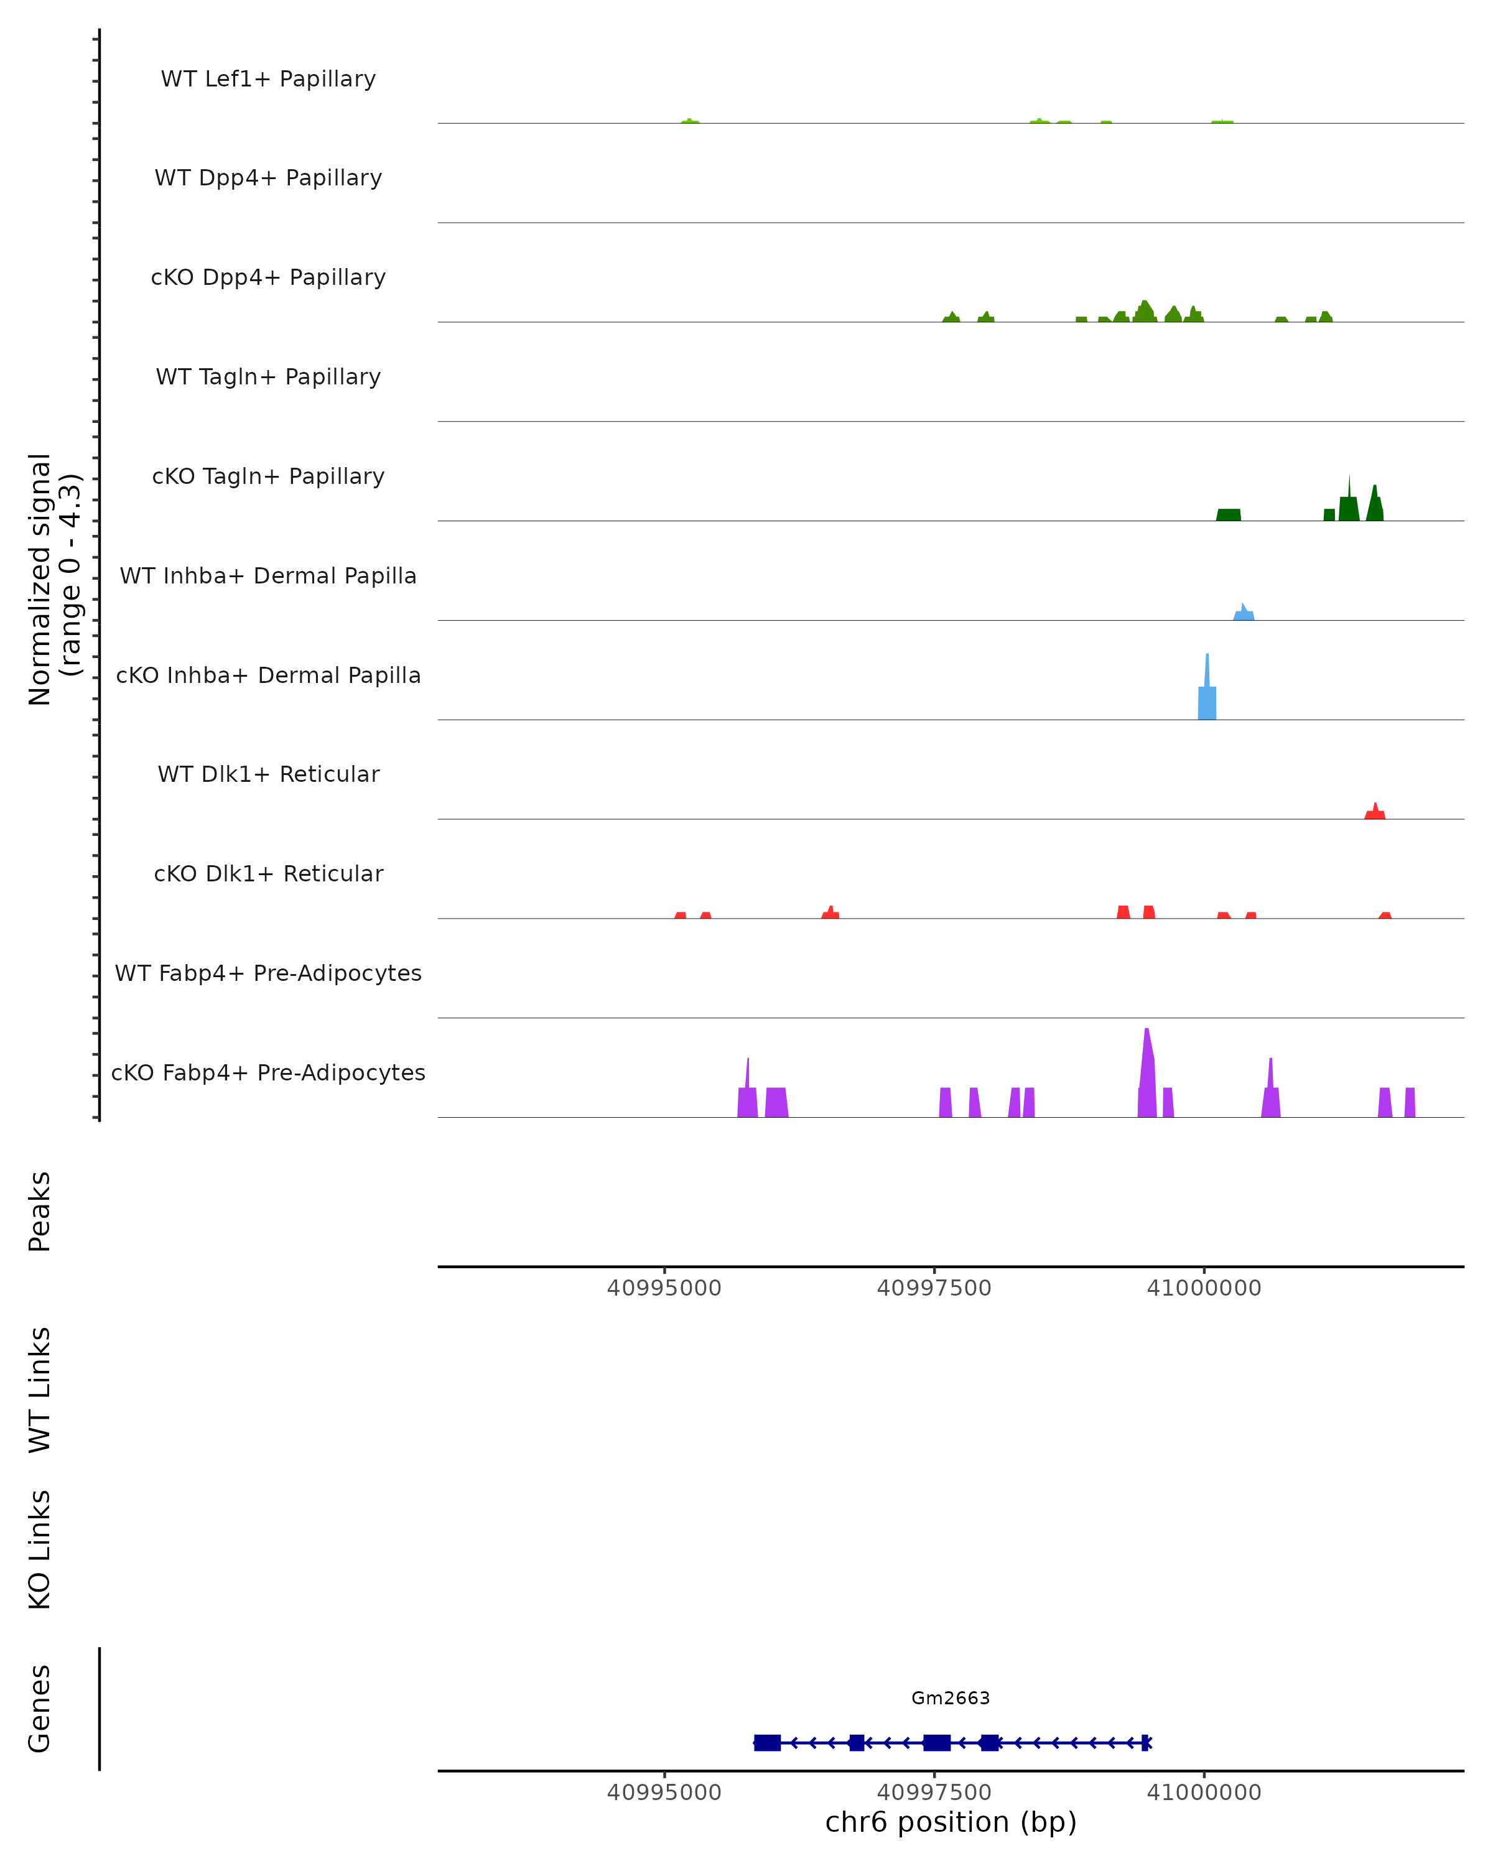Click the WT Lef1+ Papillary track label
pyautogui.click(x=268, y=79)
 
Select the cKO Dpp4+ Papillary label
pyautogui.click(x=268, y=278)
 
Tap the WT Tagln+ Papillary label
pyautogui.click(x=268, y=378)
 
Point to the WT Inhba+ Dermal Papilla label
pyautogui.click(x=268, y=577)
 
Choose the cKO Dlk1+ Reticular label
pyautogui.click(x=268, y=874)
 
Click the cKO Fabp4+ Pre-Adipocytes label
pyautogui.click(x=268, y=1073)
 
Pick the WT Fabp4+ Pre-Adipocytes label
pyautogui.click(x=268, y=973)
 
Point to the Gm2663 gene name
pyautogui.click(x=951, y=1698)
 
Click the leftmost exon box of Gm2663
pyautogui.click(x=767, y=1742)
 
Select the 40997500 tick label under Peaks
pyautogui.click(x=934, y=1288)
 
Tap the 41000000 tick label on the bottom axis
pyautogui.click(x=1204, y=1793)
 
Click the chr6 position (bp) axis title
pyautogui.click(x=951, y=1822)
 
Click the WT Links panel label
pyautogui.click(x=40, y=1389)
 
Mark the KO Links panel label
pyautogui.click(x=40, y=1549)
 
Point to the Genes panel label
pyautogui.click(x=40, y=1709)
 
